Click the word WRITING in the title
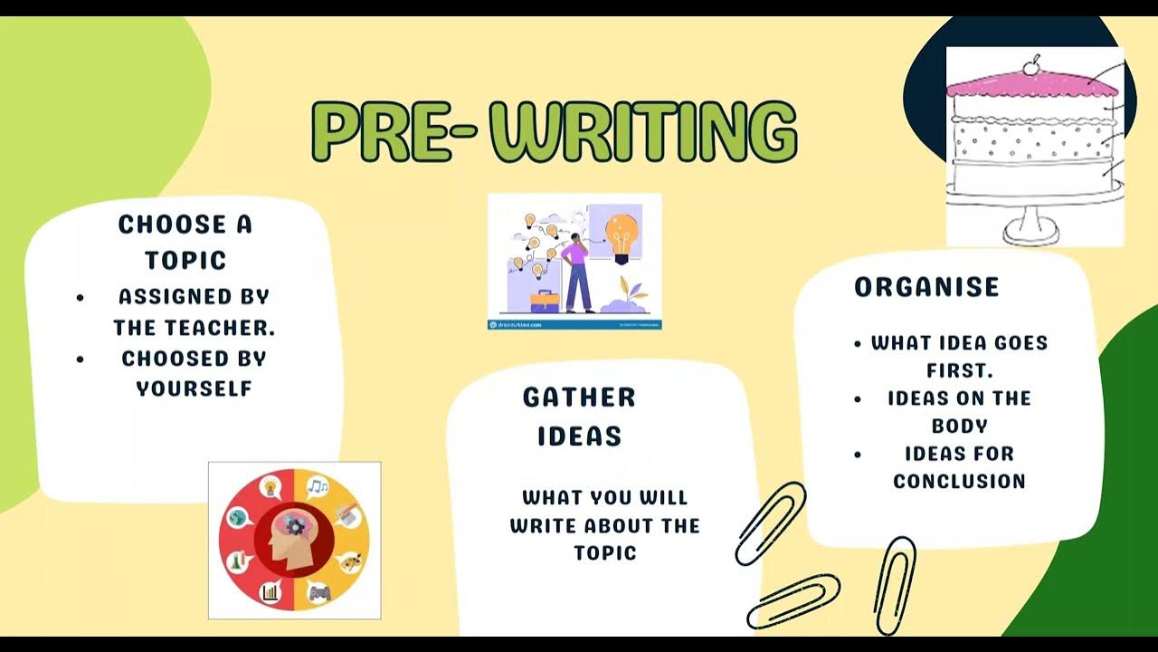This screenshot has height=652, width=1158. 650,132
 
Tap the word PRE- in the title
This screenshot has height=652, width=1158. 394,132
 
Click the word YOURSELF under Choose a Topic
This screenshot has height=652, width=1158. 194,388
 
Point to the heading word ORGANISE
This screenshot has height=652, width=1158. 926,287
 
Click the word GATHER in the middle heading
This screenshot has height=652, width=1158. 579,397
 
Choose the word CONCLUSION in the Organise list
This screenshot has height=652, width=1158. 959,481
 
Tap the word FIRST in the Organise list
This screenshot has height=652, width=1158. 959,370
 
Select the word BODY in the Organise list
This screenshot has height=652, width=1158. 959,426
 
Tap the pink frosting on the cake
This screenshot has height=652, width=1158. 1031,84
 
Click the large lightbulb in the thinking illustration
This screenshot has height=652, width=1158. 622,234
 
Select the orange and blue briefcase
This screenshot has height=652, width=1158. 544,301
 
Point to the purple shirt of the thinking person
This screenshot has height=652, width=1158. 575,254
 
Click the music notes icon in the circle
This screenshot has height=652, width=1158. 317,488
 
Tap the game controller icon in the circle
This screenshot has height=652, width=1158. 319,593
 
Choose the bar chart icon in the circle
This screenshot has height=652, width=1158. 270,593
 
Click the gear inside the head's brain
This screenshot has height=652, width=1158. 297,525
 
